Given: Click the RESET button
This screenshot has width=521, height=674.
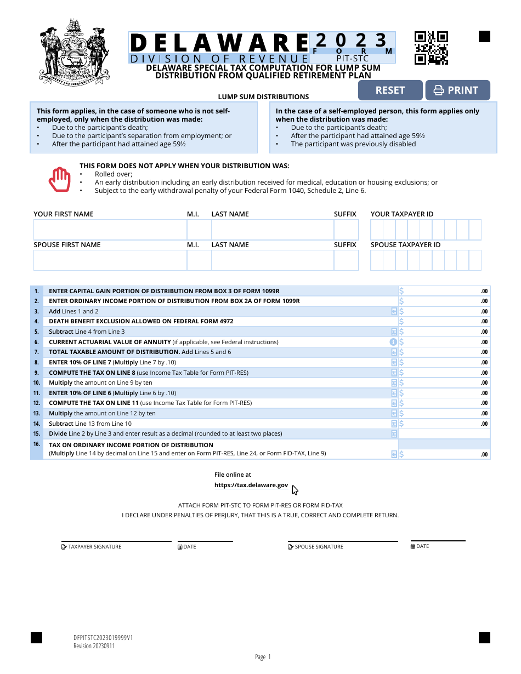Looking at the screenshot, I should pyautogui.click(x=390, y=90).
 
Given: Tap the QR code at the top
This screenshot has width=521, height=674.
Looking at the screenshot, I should pyautogui.click(x=431, y=48).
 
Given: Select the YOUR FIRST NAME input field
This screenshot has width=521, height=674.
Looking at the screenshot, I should pyautogui.click(x=110, y=230).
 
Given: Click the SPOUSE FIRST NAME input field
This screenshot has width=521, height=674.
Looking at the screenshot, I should pyautogui.click(x=110, y=260).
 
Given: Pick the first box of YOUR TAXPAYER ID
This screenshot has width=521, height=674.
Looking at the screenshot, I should pyautogui.click(x=377, y=230).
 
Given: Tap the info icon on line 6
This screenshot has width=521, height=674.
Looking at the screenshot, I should pyautogui.click(x=393, y=342).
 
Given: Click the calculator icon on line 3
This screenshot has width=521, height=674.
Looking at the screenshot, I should pyautogui.click(x=394, y=311).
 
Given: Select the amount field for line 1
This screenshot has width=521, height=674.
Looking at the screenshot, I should pyautogui.click(x=444, y=291).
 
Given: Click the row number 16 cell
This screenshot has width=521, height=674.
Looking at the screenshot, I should pyautogui.click(x=37, y=449).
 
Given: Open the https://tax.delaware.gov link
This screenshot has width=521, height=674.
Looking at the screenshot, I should pyautogui.click(x=251, y=485).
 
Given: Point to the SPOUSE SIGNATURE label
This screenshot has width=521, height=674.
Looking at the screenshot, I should pyautogui.click(x=319, y=547).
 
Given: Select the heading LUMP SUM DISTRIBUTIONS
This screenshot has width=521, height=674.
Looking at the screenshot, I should pyautogui.click(x=263, y=97).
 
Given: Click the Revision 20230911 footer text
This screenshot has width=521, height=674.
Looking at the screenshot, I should pyautogui.click(x=94, y=646).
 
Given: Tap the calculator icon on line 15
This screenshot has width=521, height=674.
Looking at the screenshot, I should pyautogui.click(x=394, y=434).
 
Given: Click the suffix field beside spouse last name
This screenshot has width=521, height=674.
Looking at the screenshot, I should pyautogui.click(x=346, y=260).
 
